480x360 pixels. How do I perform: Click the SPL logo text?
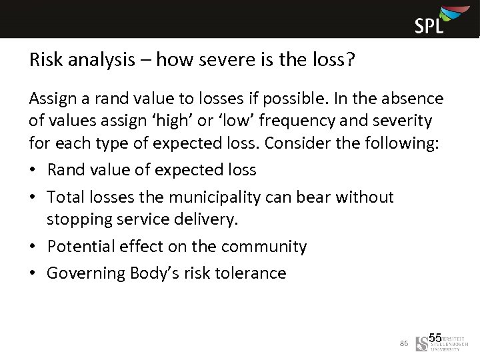(x=429, y=26)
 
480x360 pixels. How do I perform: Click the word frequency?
(x=294, y=121)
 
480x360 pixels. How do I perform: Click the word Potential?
(x=77, y=247)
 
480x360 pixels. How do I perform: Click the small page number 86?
(x=403, y=343)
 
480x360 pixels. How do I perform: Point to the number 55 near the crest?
(x=435, y=338)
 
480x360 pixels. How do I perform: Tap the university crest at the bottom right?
(x=421, y=343)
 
